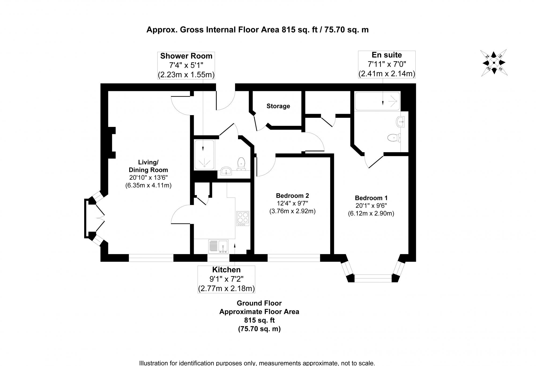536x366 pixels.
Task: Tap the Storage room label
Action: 278,106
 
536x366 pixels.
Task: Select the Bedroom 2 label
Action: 292,196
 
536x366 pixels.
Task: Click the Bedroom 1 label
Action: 371,198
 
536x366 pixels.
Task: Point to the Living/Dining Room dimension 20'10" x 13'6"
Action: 148,177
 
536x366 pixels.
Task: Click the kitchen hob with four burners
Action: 243,219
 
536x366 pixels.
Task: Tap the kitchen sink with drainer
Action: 218,247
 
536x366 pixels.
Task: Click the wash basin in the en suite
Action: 400,122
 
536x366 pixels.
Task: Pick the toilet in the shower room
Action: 241,163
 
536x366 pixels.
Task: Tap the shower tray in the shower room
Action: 204,155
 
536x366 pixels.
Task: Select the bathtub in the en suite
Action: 377,101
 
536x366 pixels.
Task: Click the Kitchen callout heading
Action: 226,270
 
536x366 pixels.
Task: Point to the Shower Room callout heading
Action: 186,56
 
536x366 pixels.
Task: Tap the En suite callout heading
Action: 386,55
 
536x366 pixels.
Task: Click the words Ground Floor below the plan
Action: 259,303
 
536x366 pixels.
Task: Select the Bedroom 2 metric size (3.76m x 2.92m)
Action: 292,211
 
